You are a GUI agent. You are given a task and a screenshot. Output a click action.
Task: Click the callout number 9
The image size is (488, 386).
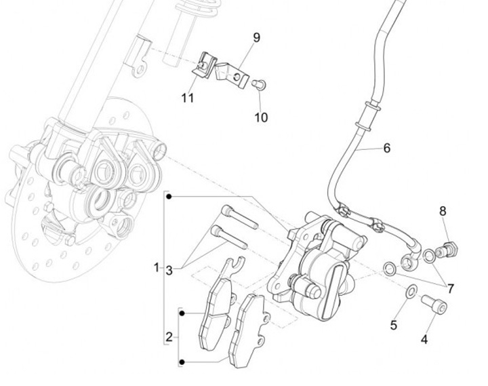tap(257, 37)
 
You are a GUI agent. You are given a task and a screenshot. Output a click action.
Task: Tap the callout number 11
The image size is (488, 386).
tap(188, 98)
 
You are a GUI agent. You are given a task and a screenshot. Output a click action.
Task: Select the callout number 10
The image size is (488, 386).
tap(261, 117)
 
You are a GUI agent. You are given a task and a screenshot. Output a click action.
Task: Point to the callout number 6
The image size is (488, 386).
tap(387, 147)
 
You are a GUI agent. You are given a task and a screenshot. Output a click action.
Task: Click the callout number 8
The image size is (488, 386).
tap(443, 211)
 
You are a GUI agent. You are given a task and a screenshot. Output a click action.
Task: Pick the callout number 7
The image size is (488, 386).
tap(450, 288)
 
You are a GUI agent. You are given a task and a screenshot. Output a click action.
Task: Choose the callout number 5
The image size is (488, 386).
tap(393, 325)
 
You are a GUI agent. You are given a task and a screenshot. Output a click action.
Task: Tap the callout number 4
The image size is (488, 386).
tap(425, 339)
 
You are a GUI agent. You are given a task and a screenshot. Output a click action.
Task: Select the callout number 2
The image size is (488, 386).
tap(169, 336)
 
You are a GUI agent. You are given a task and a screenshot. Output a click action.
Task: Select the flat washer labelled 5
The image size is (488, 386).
tap(410, 292)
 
